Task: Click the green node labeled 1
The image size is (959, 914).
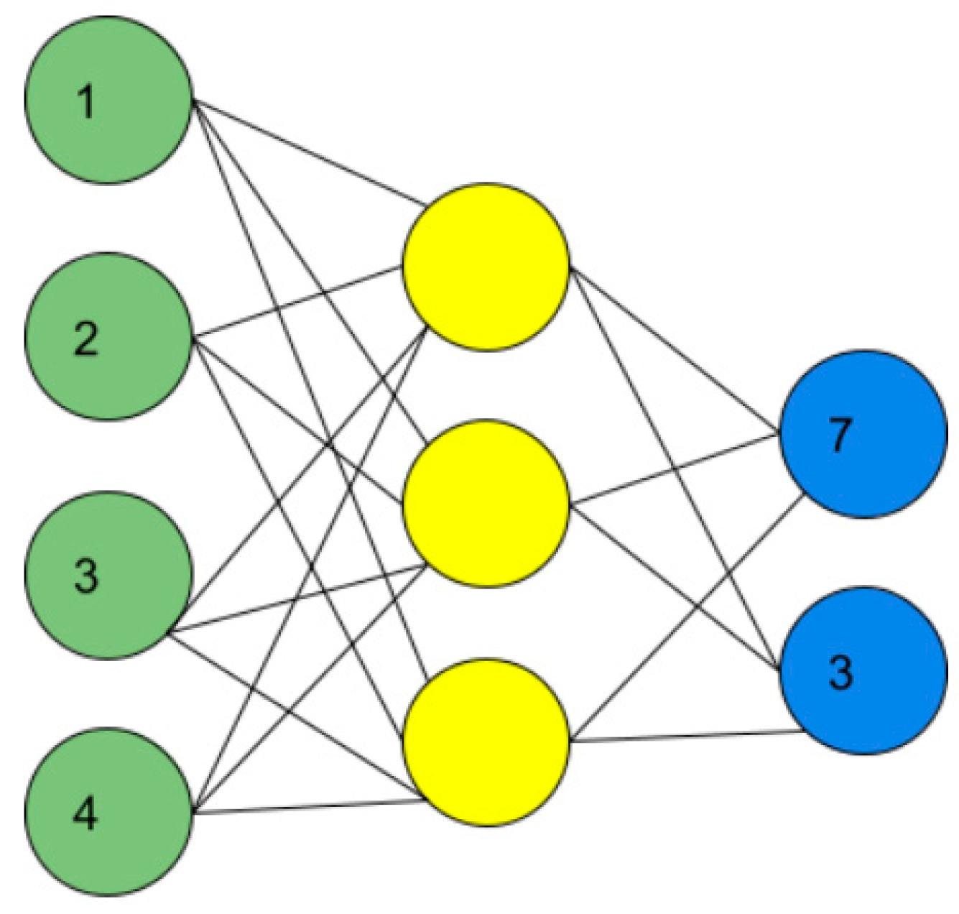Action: pyautogui.click(x=108, y=101)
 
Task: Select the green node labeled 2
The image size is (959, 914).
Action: pyautogui.click(x=108, y=337)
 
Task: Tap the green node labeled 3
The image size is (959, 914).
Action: pyautogui.click(x=108, y=575)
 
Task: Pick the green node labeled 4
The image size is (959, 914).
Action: pyautogui.click(x=108, y=813)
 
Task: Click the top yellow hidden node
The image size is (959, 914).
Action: pyautogui.click(x=486, y=267)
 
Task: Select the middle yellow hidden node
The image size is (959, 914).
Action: pyautogui.click(x=486, y=504)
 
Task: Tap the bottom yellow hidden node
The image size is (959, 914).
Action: pyautogui.click(x=486, y=742)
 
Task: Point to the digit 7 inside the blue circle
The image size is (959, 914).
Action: pyautogui.click(x=840, y=435)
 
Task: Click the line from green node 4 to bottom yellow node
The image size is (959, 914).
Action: pyautogui.click(x=309, y=807)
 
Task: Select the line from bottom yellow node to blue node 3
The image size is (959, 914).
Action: pyautogui.click(x=686, y=737)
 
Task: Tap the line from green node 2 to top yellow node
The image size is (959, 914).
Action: pyautogui.click(x=298, y=300)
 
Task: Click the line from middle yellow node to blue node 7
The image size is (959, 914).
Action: pyautogui.click(x=675, y=469)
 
